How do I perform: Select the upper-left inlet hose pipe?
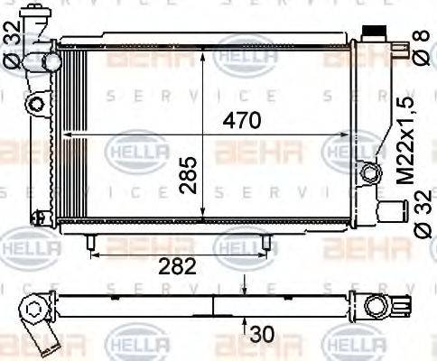pos(44,63)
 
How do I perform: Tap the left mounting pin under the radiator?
pos(91,242)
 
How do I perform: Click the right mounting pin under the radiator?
pos(267,242)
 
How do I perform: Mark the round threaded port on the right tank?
pos(369,171)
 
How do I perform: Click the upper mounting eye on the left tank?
pos(36,104)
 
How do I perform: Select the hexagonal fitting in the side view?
pos(35,312)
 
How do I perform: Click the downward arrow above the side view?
pos(244,286)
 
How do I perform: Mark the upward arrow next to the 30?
pos(244,325)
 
